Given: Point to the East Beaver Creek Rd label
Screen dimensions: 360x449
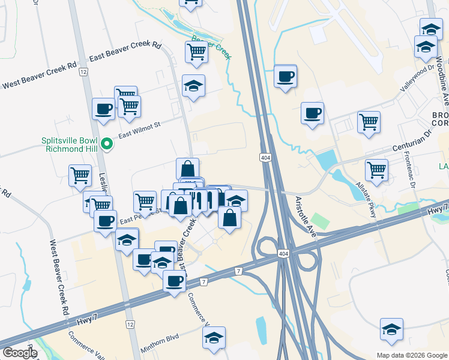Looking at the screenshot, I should [x=125, y=52].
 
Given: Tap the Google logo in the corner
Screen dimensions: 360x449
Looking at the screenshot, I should [x=20, y=353].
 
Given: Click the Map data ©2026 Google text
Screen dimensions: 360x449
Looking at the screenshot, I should [x=411, y=355].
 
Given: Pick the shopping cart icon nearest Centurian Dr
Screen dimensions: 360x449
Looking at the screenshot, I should [x=376, y=169].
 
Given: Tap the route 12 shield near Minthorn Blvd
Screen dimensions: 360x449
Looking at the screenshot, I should [x=129, y=324].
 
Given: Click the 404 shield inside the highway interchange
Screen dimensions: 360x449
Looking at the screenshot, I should [x=283, y=254].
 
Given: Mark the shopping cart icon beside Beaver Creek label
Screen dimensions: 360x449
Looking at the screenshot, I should [x=197, y=52].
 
